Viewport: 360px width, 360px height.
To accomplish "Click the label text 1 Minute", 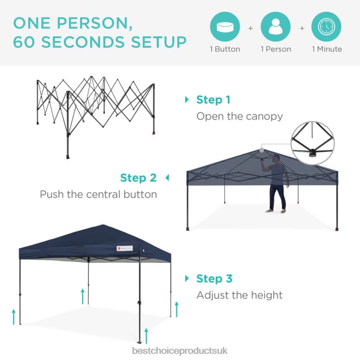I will coord(327,49).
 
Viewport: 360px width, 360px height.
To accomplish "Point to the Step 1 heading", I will coord(213,100).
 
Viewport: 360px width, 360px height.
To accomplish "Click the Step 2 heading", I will coord(138,178).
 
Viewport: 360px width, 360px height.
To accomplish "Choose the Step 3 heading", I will coord(214,279).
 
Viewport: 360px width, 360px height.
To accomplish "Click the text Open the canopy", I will coord(240,116).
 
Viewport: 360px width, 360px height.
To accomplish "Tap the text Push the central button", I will coord(98,194).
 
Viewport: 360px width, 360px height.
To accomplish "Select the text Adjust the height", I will coord(240,295).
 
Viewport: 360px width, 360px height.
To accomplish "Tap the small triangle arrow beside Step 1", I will coord(187,100).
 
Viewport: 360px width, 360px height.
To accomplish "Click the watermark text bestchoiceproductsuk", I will coord(180,351).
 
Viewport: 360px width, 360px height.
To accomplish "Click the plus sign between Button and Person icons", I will coord(251,28).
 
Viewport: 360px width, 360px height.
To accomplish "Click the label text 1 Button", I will coord(225,49).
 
